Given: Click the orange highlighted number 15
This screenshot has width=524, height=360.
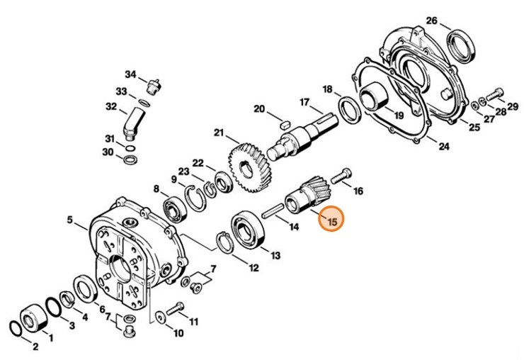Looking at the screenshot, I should (330, 220).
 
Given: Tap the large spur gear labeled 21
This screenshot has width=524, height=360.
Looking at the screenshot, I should (245, 168).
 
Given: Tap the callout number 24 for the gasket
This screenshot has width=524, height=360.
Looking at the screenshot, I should (443, 147).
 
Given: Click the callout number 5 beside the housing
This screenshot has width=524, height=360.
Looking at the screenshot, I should (70, 220).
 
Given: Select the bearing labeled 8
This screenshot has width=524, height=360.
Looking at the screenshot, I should (173, 209).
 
